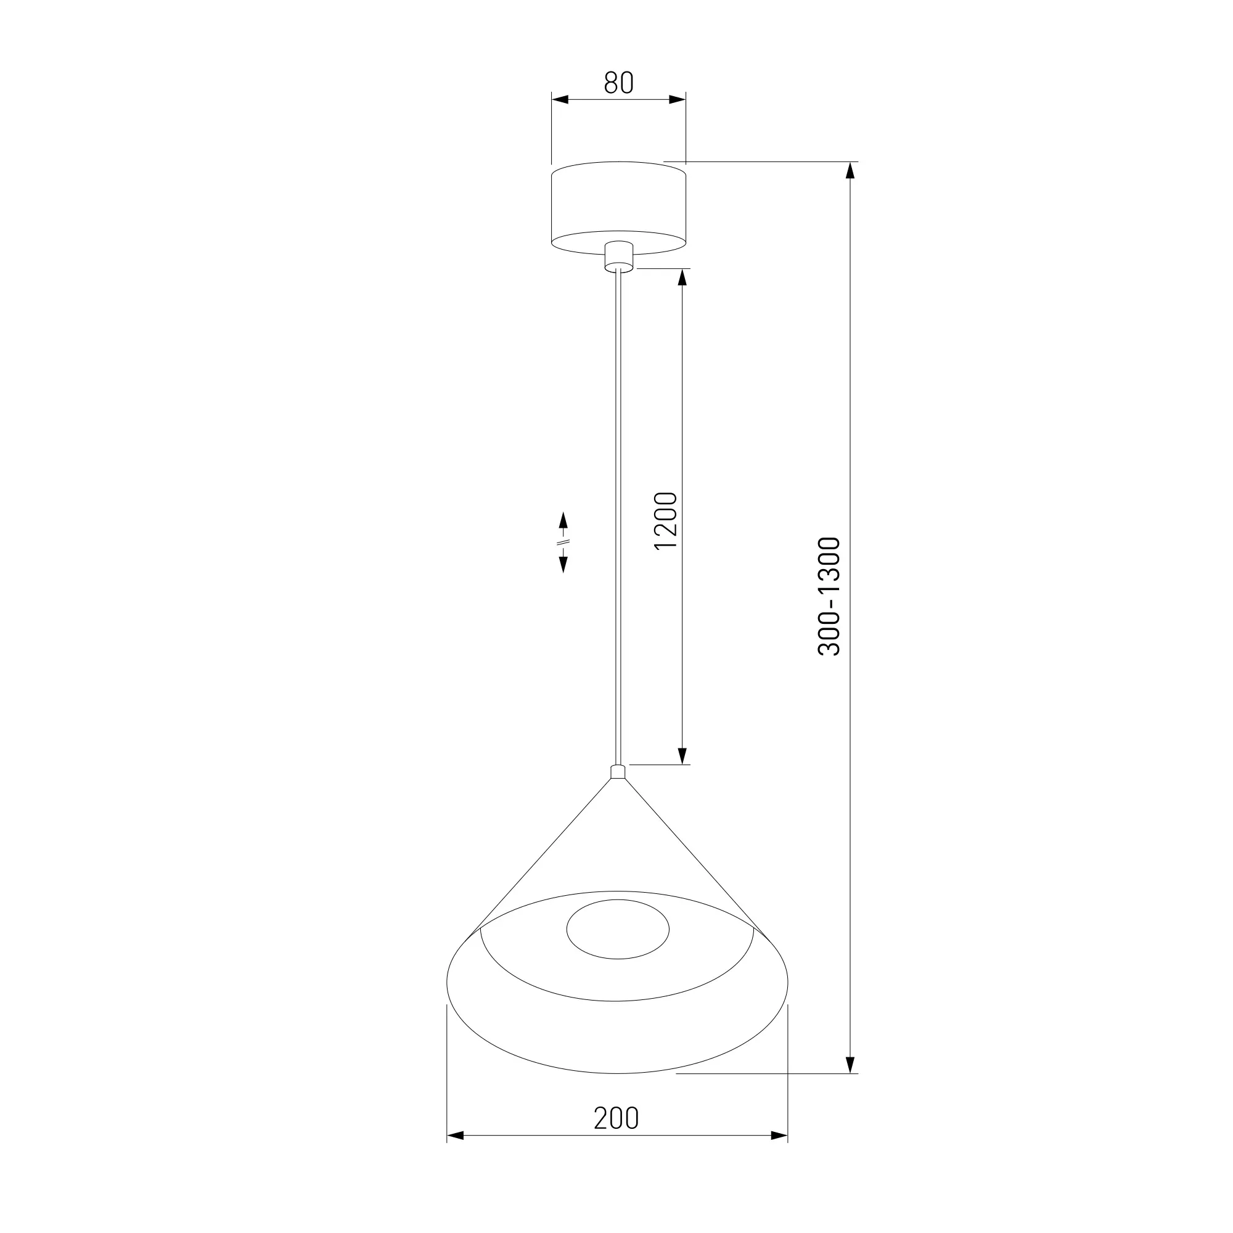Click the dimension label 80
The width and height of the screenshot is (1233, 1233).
[618, 83]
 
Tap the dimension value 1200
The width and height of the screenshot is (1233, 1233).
[666, 520]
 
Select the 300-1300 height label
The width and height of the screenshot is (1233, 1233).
[830, 596]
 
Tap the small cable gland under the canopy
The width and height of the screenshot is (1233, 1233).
[618, 256]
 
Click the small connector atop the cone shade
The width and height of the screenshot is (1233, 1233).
[618, 772]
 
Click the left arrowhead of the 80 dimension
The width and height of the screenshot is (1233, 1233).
[560, 99]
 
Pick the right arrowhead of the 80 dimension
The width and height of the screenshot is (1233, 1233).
[677, 99]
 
